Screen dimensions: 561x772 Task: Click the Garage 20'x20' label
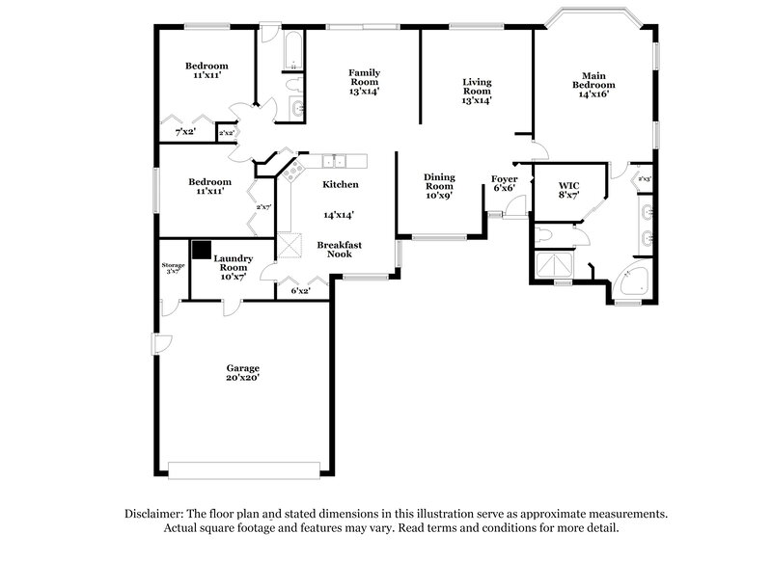click(243, 373)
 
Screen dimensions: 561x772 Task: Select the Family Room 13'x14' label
click(364, 82)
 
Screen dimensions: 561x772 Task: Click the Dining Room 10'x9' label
click(439, 185)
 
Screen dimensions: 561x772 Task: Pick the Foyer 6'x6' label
click(505, 183)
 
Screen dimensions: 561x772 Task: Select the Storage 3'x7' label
click(173, 268)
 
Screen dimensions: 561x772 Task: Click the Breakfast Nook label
click(335, 250)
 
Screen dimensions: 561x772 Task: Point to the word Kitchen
click(341, 184)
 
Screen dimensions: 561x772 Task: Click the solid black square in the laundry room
click(201, 250)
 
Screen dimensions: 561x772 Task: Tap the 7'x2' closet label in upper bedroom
click(185, 132)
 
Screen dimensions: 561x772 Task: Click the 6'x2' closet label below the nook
click(301, 290)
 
